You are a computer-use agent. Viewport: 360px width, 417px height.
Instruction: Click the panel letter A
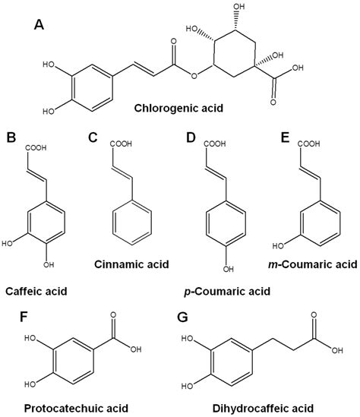(x=40, y=26)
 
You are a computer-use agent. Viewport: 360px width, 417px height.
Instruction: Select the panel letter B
(x=11, y=138)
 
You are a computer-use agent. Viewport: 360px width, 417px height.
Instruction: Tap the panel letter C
(x=93, y=138)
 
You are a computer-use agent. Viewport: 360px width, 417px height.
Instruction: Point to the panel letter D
(x=190, y=138)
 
